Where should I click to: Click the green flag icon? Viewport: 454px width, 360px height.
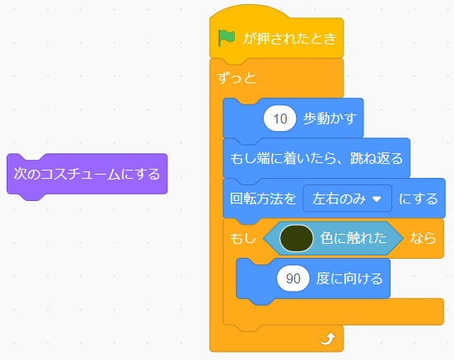click(x=226, y=38)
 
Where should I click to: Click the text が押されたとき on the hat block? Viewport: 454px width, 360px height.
click(x=289, y=38)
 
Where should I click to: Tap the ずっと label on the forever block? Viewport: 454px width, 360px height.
click(x=236, y=77)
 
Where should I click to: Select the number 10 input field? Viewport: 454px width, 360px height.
click(x=279, y=119)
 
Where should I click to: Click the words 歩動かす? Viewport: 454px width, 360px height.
click(x=330, y=119)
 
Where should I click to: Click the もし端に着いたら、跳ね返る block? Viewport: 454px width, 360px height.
click(x=316, y=158)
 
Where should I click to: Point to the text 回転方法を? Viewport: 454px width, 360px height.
click(x=263, y=199)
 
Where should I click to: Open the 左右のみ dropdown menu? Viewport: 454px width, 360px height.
click(x=348, y=199)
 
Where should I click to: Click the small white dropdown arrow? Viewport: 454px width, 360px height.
click(x=377, y=199)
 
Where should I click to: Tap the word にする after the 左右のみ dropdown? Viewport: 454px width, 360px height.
click(x=419, y=199)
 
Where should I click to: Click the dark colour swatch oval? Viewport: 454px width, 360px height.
click(x=296, y=238)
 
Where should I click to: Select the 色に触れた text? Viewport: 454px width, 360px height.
click(x=353, y=238)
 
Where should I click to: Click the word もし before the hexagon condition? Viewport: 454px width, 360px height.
click(x=243, y=238)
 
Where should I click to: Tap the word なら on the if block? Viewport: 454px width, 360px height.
click(x=423, y=238)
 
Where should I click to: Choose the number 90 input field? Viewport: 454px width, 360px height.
click(x=293, y=278)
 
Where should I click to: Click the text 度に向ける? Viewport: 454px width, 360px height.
click(x=349, y=278)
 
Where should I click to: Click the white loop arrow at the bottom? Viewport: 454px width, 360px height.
click(x=328, y=339)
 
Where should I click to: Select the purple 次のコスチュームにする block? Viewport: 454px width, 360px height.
click(x=87, y=175)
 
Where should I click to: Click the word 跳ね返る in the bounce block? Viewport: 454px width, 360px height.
click(x=377, y=158)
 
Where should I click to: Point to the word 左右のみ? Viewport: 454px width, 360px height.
click(x=339, y=199)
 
